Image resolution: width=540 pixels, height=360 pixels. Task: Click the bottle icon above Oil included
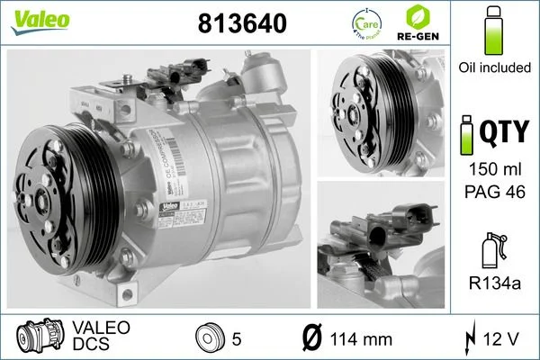pos(492,31)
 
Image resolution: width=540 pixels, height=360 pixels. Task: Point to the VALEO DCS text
pos(101,335)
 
